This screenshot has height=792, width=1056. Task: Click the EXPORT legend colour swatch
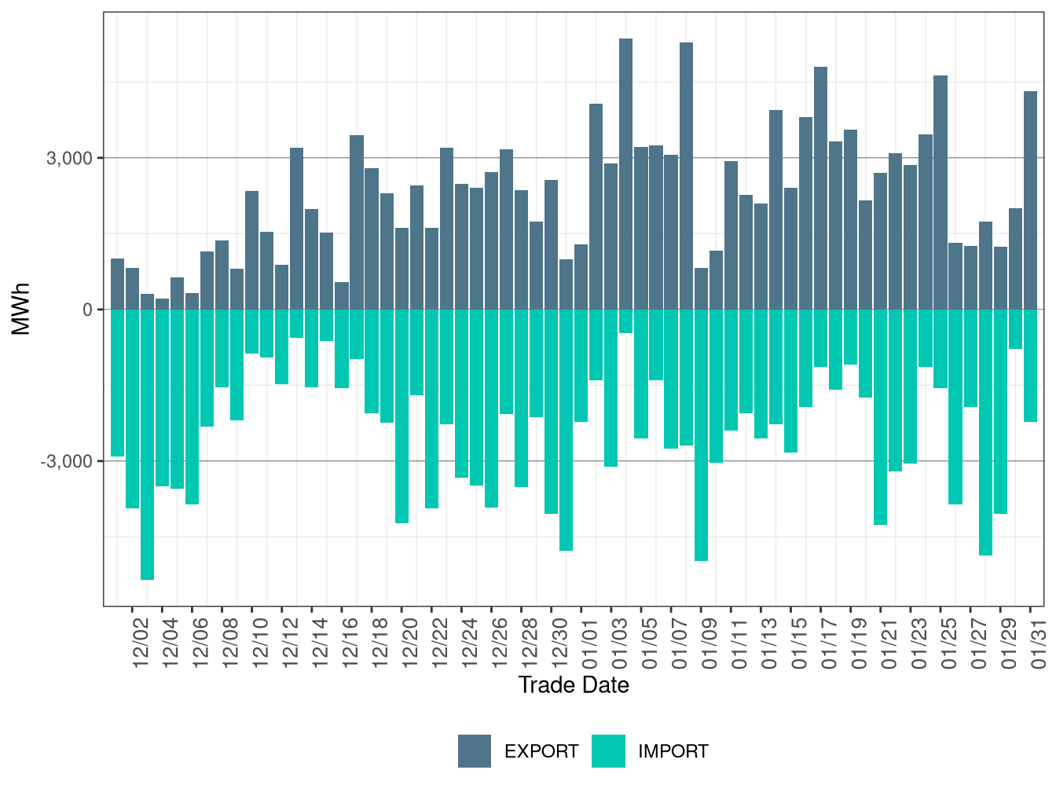click(x=475, y=751)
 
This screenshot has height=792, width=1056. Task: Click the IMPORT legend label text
click(x=673, y=752)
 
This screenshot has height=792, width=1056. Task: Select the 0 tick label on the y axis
click(x=87, y=310)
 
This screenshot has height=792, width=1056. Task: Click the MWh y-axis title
click(x=21, y=310)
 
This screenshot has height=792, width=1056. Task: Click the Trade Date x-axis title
click(x=574, y=685)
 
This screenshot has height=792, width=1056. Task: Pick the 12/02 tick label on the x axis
click(x=141, y=643)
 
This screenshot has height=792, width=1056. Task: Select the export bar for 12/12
click(x=297, y=229)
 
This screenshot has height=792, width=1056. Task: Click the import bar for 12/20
click(x=401, y=416)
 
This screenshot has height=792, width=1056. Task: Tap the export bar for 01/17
click(x=821, y=189)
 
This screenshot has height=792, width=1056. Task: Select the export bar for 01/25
click(x=940, y=192)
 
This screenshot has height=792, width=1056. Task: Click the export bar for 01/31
click(x=1030, y=200)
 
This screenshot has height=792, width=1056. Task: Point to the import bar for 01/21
click(x=881, y=416)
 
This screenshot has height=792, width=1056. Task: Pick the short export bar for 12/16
click(x=342, y=295)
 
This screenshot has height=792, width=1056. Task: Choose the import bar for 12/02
click(x=132, y=409)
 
